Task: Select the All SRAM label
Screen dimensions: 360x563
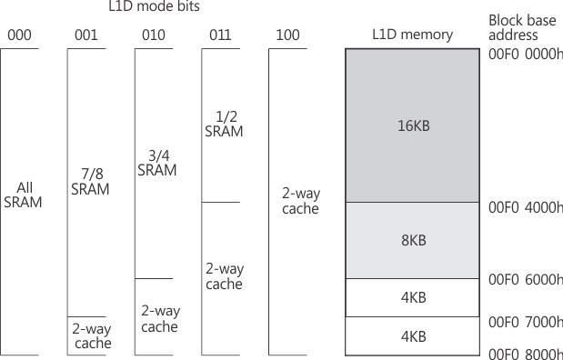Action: point(23,195)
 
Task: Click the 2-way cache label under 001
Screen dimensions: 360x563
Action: point(91,336)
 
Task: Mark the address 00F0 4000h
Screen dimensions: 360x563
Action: point(525,207)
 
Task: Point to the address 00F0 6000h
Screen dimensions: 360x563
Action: point(525,279)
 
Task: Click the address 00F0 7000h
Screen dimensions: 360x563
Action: point(525,322)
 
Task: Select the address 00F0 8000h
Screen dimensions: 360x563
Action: point(525,353)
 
